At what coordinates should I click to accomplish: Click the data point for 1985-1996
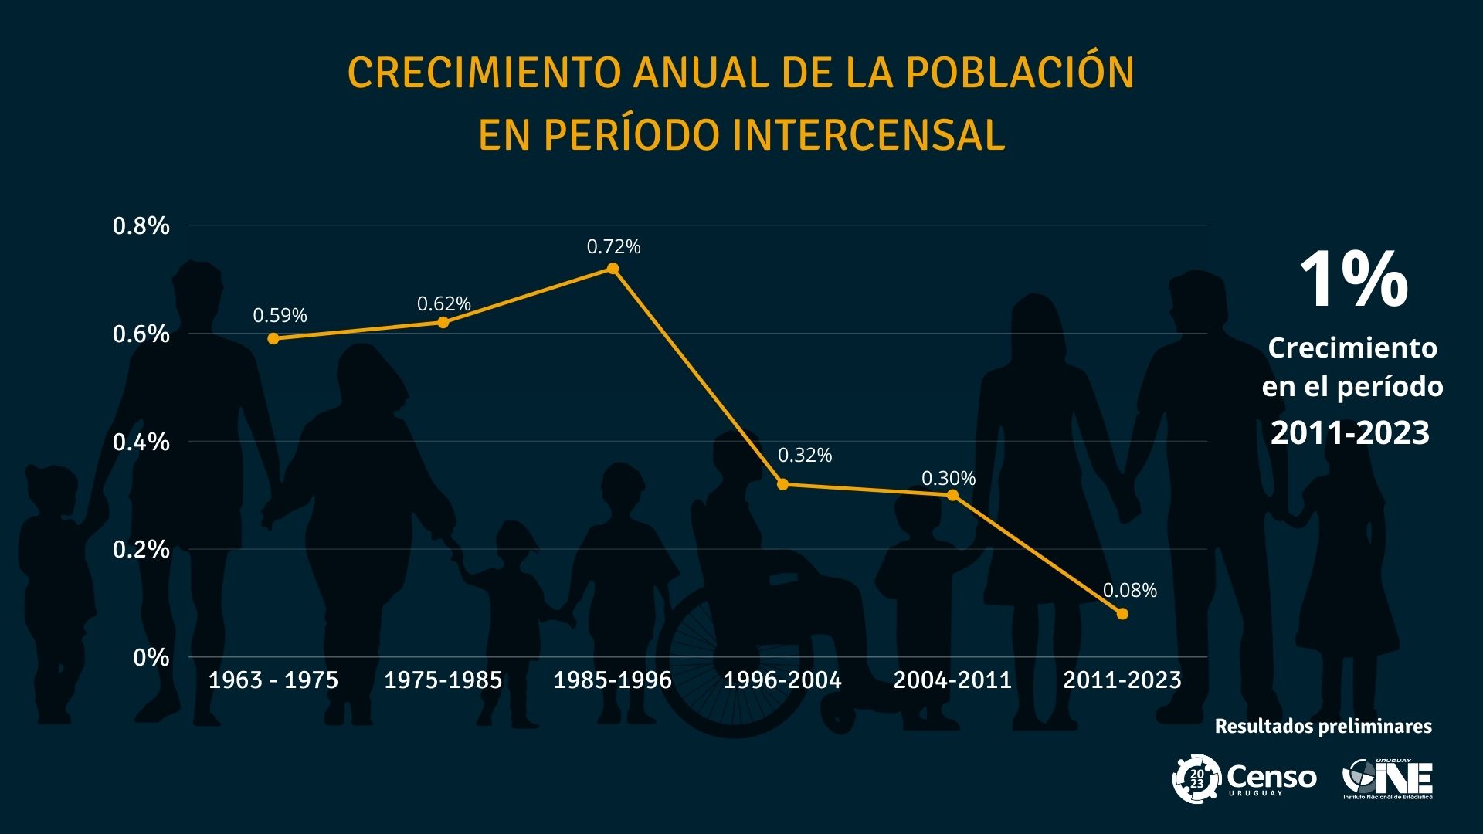(613, 269)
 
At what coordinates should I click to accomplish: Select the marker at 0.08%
(1122, 614)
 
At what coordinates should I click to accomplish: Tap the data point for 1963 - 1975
(273, 338)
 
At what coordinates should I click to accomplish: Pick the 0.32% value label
(805, 456)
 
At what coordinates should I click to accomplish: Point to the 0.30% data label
(949, 479)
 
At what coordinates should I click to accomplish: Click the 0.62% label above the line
(444, 304)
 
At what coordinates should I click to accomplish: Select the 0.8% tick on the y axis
(141, 226)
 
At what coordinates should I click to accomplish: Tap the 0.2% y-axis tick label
(141, 550)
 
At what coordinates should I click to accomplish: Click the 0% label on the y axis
(151, 658)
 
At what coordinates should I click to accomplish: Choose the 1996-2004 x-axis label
(782, 680)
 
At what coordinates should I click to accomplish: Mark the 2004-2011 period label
(952, 680)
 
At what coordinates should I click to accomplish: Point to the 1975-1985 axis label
(443, 680)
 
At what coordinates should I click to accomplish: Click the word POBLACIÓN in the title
(1020, 73)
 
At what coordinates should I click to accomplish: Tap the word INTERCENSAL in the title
(868, 135)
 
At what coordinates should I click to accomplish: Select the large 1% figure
(1353, 280)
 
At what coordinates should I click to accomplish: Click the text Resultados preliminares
(1323, 727)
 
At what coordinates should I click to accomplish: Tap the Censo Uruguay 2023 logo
(1244, 778)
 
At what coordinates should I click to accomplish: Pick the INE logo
(1387, 778)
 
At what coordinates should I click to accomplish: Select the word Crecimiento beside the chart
(1352, 348)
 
